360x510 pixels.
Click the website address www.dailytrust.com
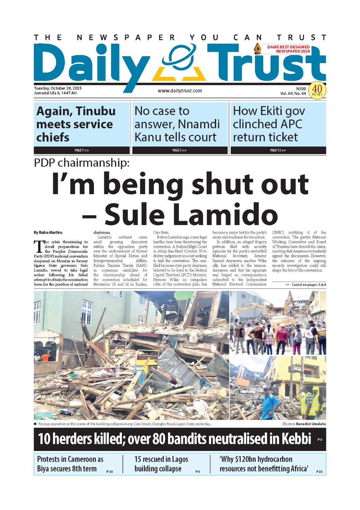tap(180, 91)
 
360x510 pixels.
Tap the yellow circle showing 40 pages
tap(318, 89)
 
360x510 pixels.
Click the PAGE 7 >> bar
tap(82, 151)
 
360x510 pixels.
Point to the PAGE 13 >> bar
tap(278, 151)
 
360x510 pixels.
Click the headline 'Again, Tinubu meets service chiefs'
tap(76, 124)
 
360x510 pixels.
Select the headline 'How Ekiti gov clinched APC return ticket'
tap(268, 124)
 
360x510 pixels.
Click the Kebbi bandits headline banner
tap(175, 439)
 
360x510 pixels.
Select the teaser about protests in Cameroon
tap(70, 464)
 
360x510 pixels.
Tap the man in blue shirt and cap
tap(270, 402)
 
